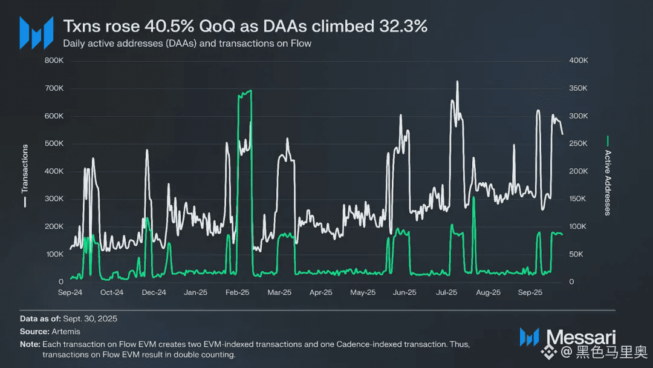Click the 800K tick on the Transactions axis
(x=54, y=61)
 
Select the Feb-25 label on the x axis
(x=237, y=292)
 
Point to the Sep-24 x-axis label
(x=70, y=292)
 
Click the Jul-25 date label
(x=446, y=292)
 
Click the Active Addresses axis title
(x=608, y=182)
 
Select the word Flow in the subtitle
(x=301, y=44)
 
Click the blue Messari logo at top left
(x=36, y=33)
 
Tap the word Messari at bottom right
(x=581, y=337)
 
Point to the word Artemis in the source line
(x=66, y=331)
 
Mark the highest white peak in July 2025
(x=457, y=82)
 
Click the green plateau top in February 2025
(x=245, y=92)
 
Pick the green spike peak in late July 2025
(x=473, y=197)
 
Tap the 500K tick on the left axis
(x=54, y=143)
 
